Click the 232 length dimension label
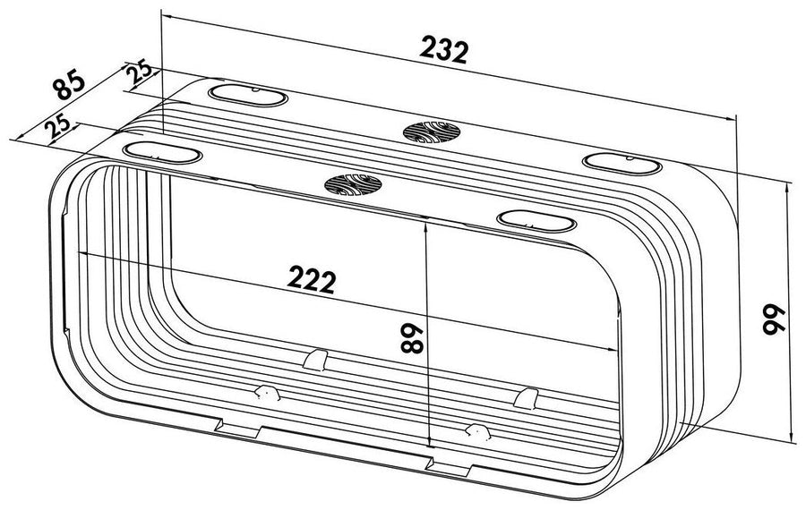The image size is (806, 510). tap(444, 50)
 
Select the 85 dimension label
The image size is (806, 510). tap(68, 84)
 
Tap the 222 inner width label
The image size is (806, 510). tap(312, 279)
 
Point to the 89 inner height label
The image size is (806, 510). tap(412, 338)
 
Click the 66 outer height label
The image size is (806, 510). tap(773, 319)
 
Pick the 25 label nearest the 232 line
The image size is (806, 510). tap(140, 72)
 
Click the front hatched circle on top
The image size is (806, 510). tap(353, 185)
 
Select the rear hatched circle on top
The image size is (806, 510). tap(432, 132)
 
